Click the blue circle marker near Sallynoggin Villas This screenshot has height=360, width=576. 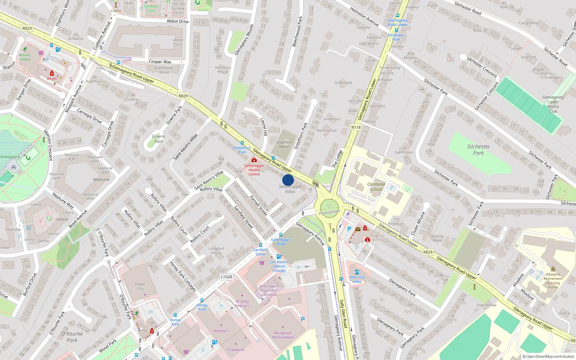288,180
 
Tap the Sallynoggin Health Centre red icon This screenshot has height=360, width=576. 254,160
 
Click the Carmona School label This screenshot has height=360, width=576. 376,186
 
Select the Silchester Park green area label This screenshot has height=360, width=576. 478,150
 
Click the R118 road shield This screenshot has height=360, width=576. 356,127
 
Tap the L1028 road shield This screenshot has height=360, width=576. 226,276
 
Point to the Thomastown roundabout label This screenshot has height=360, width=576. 329,212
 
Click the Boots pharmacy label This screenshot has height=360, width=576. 52,78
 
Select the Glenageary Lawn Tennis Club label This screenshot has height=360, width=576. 553,104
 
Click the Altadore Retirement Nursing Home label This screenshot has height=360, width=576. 553,281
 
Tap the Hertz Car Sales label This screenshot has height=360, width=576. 357,279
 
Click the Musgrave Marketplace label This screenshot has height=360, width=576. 283,335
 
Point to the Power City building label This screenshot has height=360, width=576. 140,286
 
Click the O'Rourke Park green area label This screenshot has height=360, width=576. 72,337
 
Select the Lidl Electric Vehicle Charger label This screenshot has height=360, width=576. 279,266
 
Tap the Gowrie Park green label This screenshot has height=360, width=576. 158,139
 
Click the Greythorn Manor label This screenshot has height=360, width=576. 284,144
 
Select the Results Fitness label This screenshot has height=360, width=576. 25,57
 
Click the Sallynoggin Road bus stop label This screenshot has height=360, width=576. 281,242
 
